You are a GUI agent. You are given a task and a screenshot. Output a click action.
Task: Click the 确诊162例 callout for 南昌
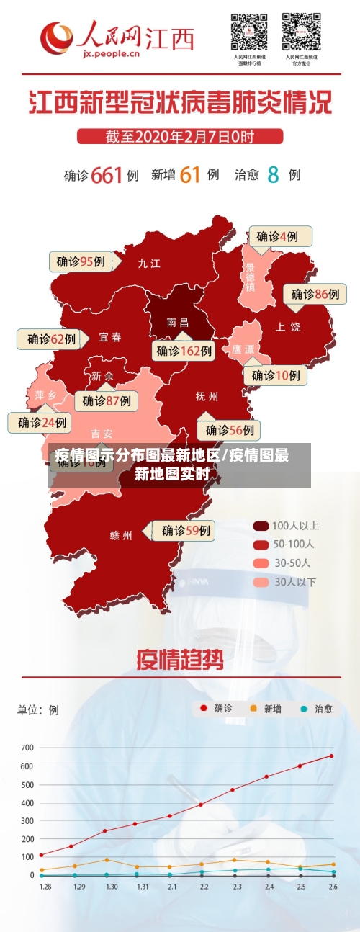tap(185, 351)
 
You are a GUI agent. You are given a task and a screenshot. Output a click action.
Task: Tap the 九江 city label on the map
tap(149, 264)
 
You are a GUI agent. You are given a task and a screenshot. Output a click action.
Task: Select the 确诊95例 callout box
tap(81, 261)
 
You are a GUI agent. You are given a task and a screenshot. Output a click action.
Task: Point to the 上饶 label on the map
tap(288, 326)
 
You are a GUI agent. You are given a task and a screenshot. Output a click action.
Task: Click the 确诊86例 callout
tap(315, 294)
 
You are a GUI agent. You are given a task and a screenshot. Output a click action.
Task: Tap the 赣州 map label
tap(121, 535)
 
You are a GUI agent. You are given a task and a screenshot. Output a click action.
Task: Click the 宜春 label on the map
tap(110, 337)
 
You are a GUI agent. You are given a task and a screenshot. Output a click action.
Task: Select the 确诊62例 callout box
tap(51, 339)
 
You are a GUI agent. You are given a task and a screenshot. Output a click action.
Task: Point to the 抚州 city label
tap(207, 396)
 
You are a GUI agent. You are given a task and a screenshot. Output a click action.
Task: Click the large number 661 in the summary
tap(107, 175)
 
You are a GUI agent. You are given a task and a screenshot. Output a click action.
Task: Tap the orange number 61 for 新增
tap(190, 175)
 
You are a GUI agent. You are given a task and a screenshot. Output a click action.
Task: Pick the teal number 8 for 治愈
tap(273, 175)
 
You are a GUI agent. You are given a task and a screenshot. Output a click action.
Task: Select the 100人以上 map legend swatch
tap(261, 526)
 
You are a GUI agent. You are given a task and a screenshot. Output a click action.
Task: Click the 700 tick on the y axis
tap(27, 747)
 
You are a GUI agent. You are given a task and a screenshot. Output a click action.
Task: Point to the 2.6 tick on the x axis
tap(332, 887)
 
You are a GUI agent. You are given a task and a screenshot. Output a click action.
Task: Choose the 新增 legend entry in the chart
tap(264, 709)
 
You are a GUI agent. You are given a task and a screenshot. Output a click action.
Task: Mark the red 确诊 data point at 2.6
tap(332, 756)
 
